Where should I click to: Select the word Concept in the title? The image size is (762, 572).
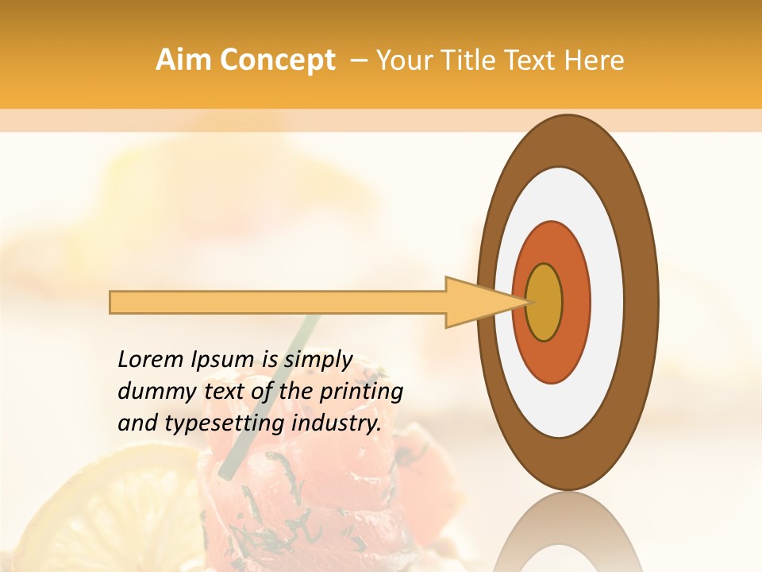tap(277, 61)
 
